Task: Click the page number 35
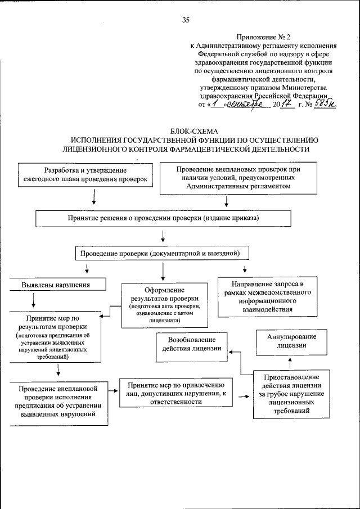click(x=186, y=20)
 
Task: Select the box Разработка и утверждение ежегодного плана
click(x=85, y=174)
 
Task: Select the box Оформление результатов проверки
click(x=162, y=304)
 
